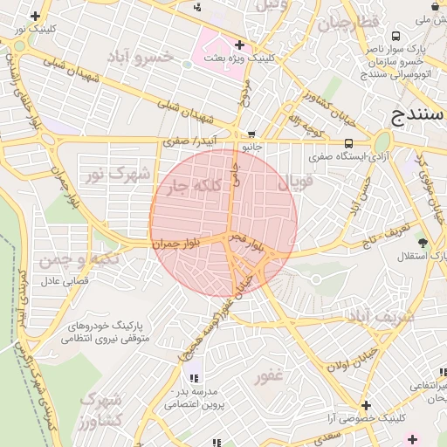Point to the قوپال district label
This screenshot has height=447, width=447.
tap(295, 184)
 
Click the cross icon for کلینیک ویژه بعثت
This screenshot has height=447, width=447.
tap(239, 44)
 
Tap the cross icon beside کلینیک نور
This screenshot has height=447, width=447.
tap(35, 17)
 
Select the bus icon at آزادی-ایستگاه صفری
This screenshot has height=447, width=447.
tap(348, 144)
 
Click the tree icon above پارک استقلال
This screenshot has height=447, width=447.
tap(423, 243)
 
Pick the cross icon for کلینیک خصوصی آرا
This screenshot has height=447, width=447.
tap(365, 405)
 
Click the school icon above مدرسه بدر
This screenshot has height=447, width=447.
tap(194, 378)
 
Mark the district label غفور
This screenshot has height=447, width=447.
tap(269, 376)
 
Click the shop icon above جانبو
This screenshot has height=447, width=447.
tap(252, 134)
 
